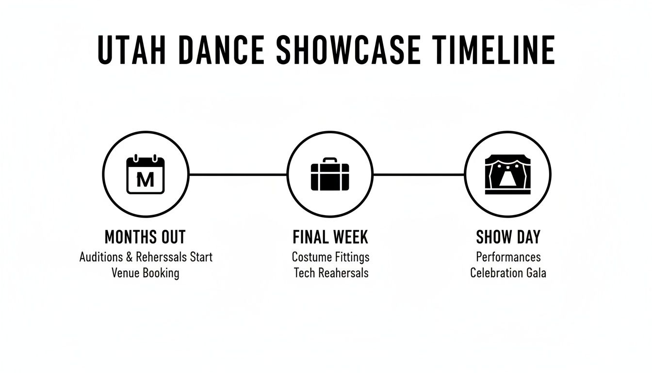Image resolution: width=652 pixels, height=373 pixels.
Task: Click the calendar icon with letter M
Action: [x=146, y=175]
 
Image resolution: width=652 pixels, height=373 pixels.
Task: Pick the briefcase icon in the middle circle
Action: [x=330, y=176]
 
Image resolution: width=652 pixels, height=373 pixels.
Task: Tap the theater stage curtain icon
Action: [x=507, y=175]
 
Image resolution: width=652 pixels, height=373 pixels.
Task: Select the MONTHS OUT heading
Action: [x=145, y=237]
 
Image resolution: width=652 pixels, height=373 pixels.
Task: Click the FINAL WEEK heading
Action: [x=330, y=237]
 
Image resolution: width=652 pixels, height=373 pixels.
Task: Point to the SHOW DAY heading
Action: [x=508, y=237]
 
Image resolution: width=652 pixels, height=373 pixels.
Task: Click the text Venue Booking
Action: [x=145, y=273]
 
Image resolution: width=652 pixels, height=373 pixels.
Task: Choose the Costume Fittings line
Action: [x=330, y=256]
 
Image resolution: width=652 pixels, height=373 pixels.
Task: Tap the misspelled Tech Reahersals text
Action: [x=331, y=273]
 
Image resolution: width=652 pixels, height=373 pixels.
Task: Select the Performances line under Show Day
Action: [x=508, y=256]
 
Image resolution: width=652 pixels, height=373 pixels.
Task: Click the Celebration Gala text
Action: [x=508, y=273]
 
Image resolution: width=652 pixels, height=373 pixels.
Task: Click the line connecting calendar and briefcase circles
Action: [x=238, y=174]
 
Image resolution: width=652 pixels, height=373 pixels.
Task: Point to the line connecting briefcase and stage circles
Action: [x=419, y=174]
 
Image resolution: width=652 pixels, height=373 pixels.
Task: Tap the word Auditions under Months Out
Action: [x=100, y=256]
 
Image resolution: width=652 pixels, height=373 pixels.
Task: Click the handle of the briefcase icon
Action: [x=330, y=160]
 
